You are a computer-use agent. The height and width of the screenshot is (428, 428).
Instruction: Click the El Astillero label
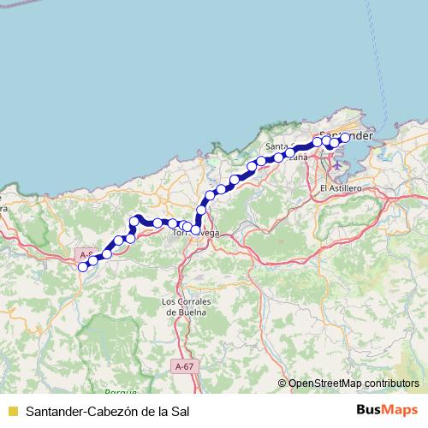[340, 187]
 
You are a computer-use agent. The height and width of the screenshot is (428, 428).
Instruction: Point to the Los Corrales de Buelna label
[187, 302]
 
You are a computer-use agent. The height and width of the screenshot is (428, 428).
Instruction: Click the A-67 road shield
[183, 366]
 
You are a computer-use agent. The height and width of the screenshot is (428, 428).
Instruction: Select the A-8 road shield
[86, 255]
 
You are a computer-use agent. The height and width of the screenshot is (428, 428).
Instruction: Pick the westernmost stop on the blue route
[83, 267]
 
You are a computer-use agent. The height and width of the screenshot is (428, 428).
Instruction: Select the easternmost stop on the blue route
[346, 137]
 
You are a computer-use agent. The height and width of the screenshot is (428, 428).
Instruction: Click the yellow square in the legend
[12, 411]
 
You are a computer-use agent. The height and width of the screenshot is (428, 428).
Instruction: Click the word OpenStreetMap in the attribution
[325, 383]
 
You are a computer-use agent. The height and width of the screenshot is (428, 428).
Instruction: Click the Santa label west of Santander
[276, 146]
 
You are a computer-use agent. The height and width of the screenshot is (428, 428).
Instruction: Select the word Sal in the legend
[179, 411]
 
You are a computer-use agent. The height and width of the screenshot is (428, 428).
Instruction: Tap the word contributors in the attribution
[391, 383]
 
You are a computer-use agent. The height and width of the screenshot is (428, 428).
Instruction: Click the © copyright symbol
[282, 383]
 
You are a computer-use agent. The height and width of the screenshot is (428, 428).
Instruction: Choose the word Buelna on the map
[187, 312]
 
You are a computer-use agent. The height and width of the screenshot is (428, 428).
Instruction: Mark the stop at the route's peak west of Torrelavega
[134, 222]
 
